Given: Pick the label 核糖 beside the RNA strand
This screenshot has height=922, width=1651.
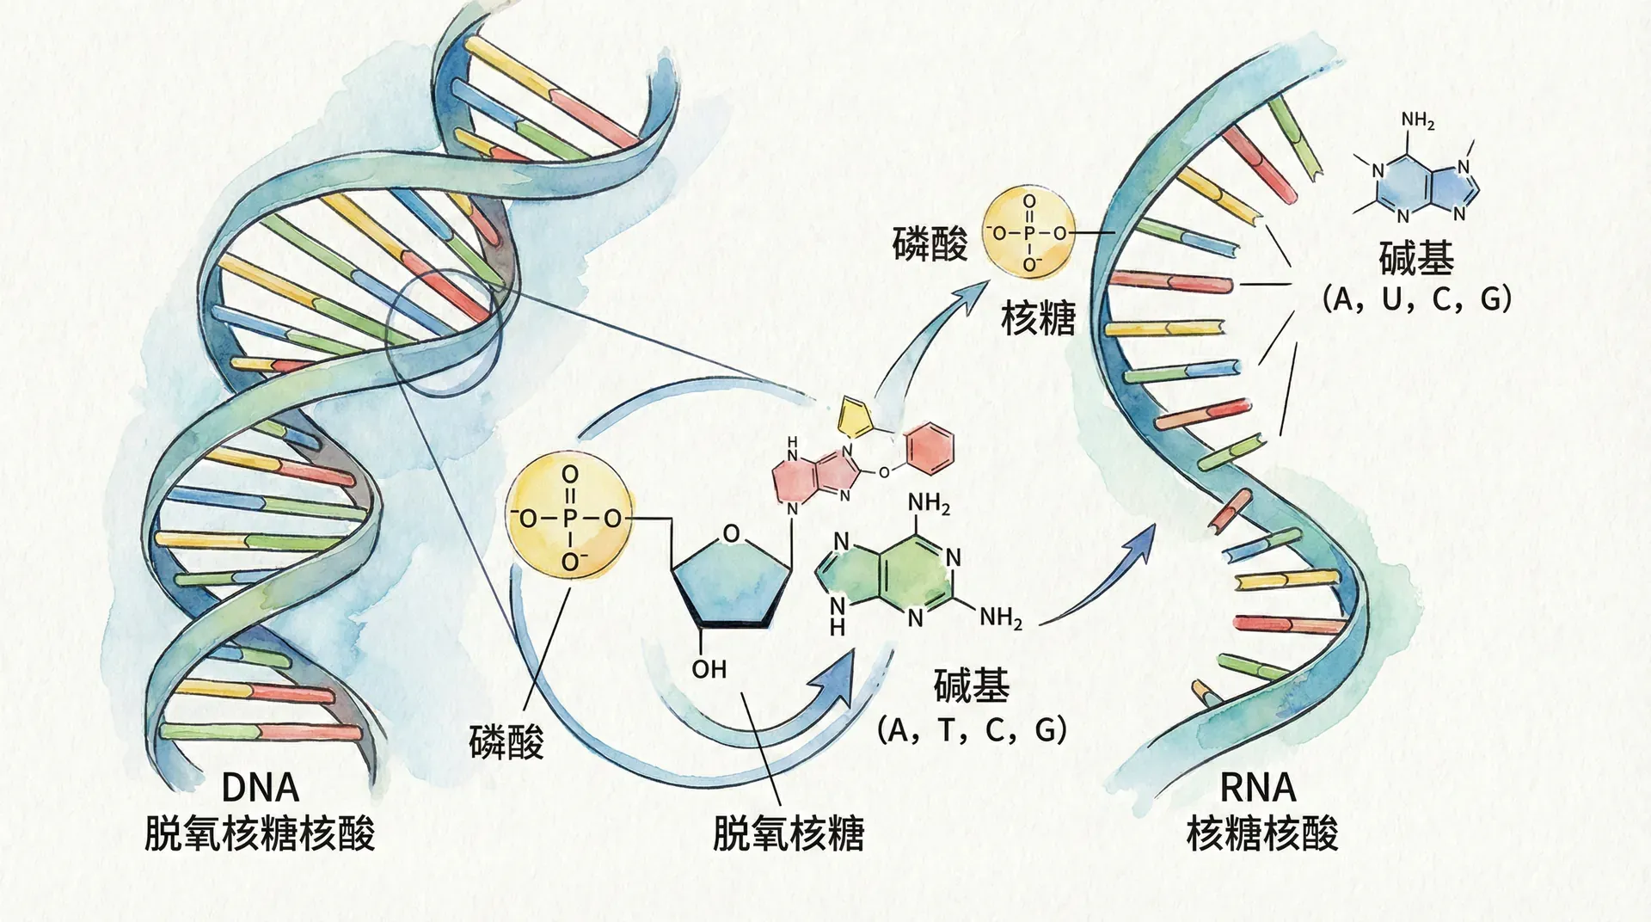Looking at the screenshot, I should tap(1038, 319).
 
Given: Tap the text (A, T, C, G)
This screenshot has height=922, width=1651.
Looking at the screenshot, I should tap(972, 730).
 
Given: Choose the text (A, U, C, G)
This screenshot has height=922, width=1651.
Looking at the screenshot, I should tap(1416, 299).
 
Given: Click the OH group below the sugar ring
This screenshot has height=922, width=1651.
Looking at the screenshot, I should tap(709, 669).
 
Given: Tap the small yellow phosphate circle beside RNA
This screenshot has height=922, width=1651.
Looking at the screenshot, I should tap(1028, 233).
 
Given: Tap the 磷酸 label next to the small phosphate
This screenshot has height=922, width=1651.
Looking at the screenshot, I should tap(930, 243).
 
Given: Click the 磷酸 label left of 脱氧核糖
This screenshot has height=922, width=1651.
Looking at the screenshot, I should tap(506, 741).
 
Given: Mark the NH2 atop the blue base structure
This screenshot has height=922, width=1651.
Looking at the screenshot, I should tap(1417, 121).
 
